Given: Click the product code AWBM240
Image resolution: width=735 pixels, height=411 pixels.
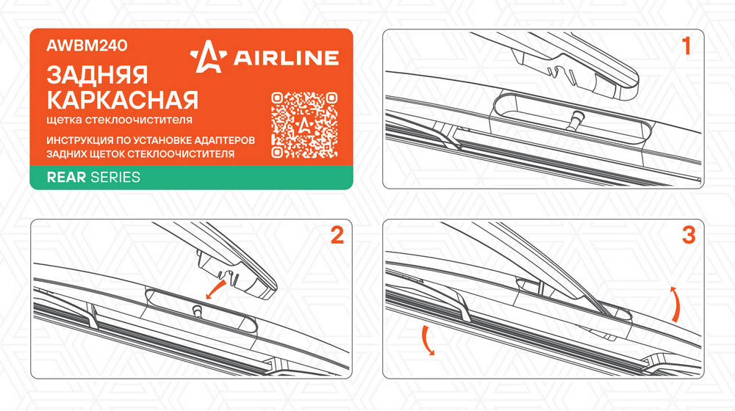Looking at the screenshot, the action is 87,46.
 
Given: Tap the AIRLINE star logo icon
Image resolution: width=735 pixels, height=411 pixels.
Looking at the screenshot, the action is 208,57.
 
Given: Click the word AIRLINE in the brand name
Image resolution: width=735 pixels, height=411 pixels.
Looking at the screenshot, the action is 286,57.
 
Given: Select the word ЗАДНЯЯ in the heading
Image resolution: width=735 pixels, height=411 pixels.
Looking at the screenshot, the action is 98,75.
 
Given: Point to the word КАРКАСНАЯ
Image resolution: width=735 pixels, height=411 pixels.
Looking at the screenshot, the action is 122,100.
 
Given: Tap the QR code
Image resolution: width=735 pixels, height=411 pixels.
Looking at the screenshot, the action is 304,125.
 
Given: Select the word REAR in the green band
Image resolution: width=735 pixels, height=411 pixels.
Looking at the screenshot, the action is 66,178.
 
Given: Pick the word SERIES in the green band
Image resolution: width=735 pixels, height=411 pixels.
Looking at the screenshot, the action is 115,178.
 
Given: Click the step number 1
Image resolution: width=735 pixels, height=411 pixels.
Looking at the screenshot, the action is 686,46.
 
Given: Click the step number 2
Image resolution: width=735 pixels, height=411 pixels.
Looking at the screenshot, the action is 337,235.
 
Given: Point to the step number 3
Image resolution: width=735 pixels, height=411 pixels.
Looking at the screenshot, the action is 689,235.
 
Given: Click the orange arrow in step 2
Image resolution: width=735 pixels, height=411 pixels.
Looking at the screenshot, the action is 216,290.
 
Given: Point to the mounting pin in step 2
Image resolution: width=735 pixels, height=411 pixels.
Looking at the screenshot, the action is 197,311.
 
